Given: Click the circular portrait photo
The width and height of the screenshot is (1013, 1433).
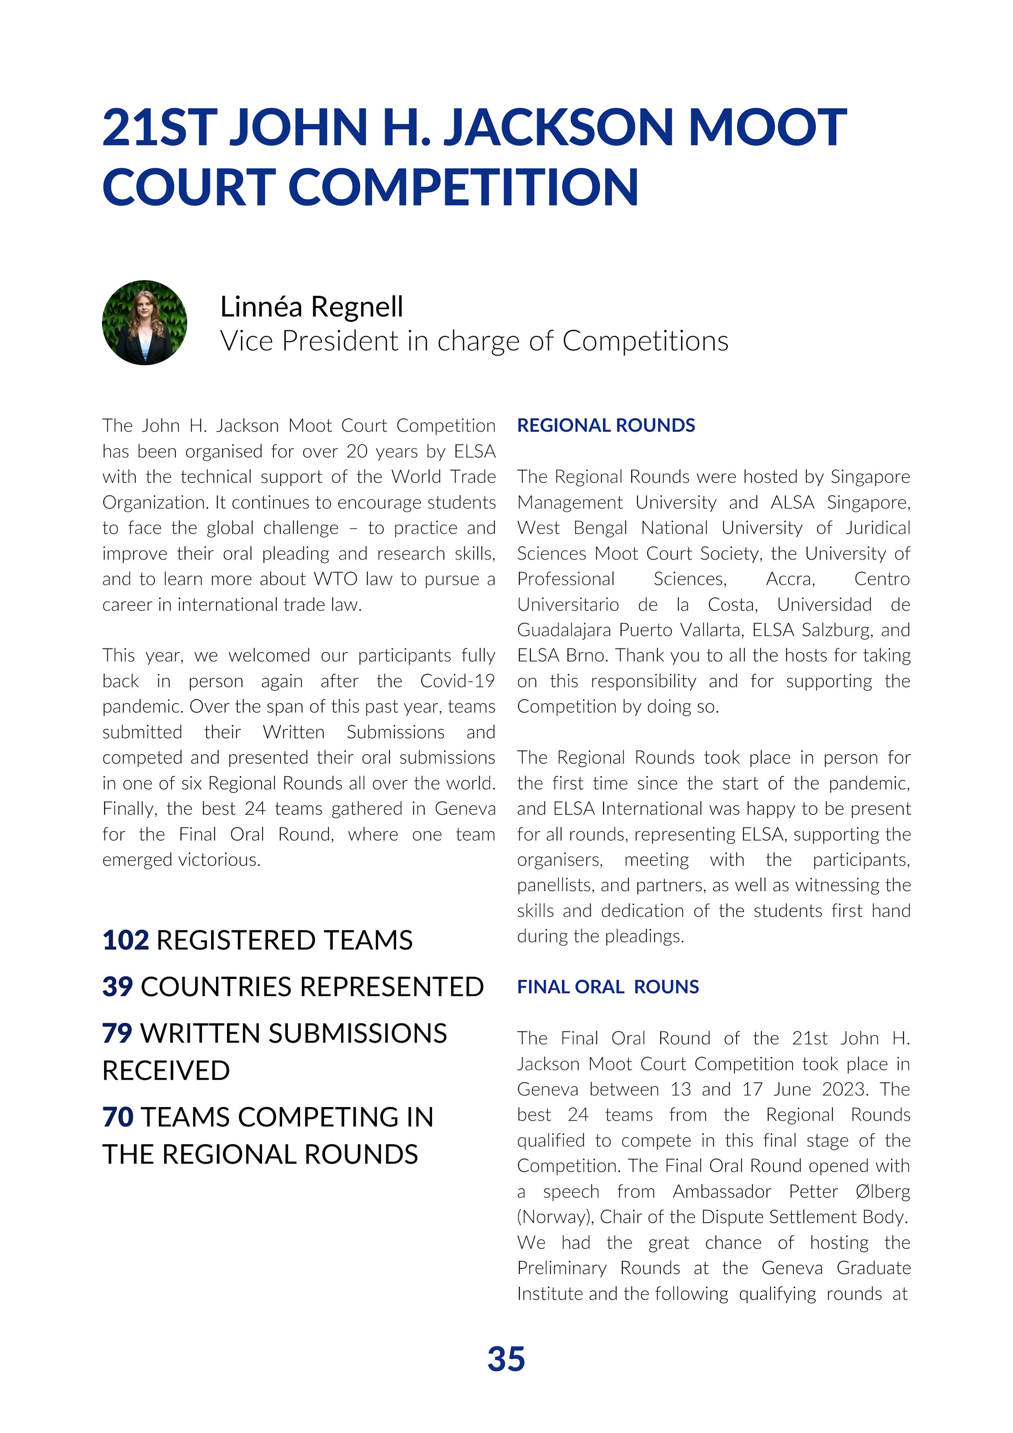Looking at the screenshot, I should click(144, 323).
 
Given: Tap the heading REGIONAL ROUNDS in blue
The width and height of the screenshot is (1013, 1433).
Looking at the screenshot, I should click(606, 426).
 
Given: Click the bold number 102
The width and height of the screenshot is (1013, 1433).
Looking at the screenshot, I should click(125, 940).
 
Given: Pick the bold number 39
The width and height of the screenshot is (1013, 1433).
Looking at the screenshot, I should click(117, 987).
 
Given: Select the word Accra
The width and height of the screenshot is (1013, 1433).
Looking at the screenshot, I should click(790, 579).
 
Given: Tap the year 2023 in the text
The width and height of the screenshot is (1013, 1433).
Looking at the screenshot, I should click(844, 1090).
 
